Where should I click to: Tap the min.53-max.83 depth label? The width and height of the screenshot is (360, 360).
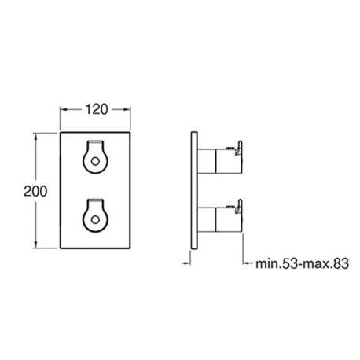coord(296,265)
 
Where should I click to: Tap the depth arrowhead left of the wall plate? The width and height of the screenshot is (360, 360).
coord(189,265)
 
